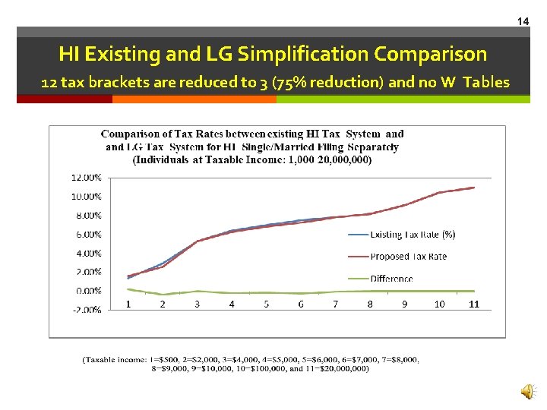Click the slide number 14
[523, 21]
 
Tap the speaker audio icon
[526, 391]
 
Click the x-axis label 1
[128, 304]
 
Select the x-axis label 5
[267, 304]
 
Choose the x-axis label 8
[370, 304]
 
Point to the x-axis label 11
[474, 304]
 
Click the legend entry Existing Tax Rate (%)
[412, 235]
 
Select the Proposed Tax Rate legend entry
[408, 257]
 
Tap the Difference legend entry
[391, 279]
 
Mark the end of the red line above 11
[474, 188]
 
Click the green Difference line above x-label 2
[163, 295]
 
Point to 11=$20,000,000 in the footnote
[335, 369]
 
